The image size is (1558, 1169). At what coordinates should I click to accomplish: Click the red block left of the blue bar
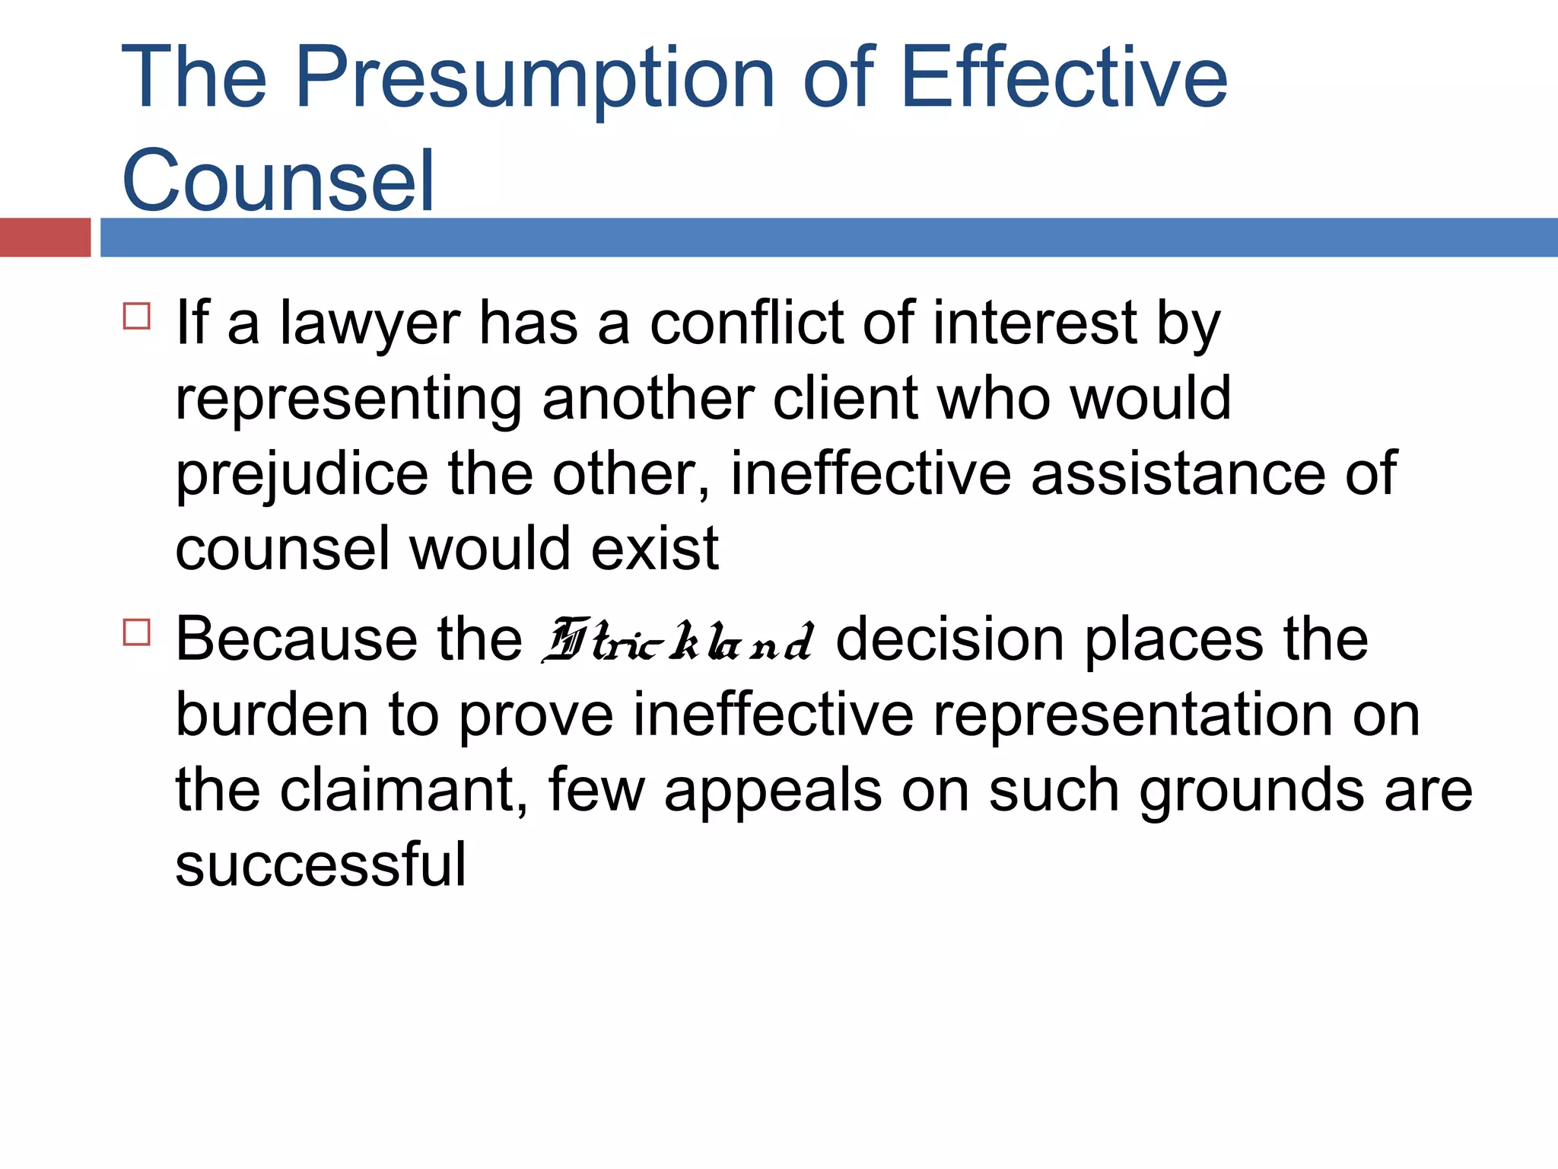coord(45,237)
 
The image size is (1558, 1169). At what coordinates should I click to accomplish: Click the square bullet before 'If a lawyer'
coord(137,315)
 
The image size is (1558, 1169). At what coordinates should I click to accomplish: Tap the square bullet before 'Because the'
coord(137,632)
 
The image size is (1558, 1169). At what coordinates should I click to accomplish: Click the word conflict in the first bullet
coord(746,323)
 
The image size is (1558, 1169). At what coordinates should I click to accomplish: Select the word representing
coord(348,400)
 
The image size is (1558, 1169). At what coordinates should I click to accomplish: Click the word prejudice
coord(302,475)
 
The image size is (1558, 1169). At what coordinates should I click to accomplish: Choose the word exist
coord(654,548)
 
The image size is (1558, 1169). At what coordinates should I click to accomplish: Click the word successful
coord(320,865)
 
